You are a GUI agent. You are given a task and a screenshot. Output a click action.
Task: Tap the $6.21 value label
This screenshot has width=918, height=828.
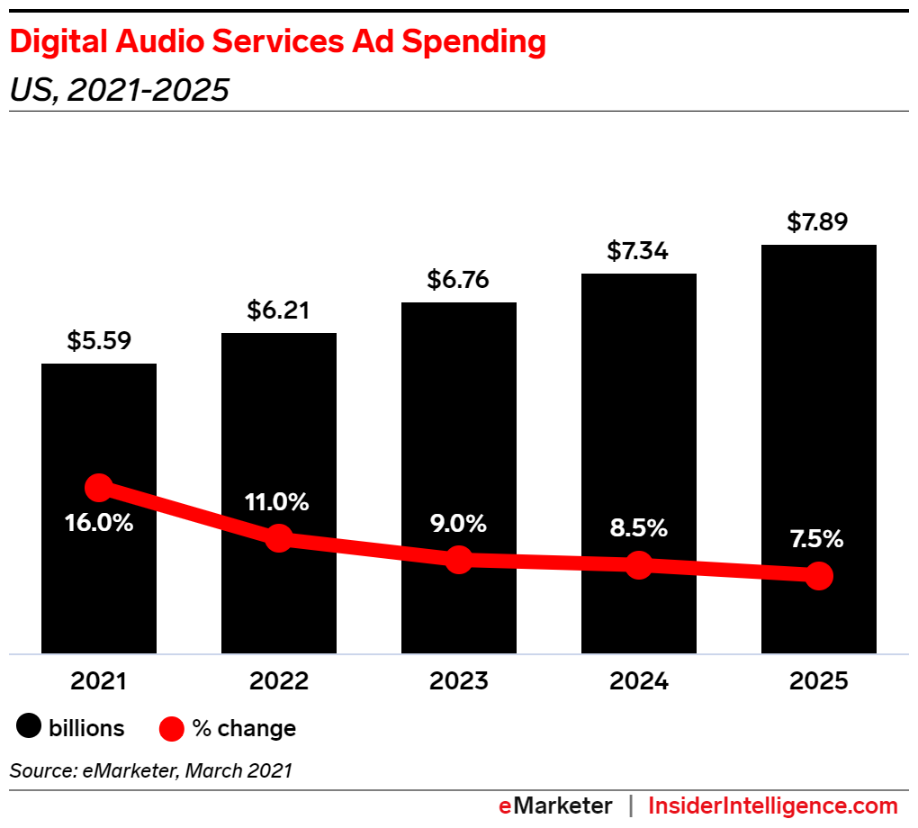point(279,310)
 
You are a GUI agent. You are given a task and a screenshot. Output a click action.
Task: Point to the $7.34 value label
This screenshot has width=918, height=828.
point(638,251)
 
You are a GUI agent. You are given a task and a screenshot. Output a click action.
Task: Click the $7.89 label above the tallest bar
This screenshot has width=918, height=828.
point(818,221)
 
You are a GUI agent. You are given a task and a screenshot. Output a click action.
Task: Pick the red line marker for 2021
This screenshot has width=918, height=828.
point(99,488)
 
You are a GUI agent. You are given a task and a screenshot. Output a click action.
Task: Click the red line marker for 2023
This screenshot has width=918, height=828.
point(459,559)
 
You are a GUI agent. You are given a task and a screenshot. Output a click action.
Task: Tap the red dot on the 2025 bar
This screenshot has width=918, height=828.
point(818,575)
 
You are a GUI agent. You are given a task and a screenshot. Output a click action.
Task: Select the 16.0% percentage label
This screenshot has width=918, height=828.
point(99,522)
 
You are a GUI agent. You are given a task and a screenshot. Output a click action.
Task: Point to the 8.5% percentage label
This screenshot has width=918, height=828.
point(638,527)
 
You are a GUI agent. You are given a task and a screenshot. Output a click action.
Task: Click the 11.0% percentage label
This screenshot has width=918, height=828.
point(279,502)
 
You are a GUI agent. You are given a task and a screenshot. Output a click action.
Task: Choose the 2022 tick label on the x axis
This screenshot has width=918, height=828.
point(279,680)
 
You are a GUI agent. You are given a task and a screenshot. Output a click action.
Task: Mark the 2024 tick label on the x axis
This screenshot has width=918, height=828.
point(638,680)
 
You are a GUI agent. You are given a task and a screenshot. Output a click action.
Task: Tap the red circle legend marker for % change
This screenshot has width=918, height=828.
point(172,728)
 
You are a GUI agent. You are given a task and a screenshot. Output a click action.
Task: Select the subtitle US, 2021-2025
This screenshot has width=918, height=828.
point(119,90)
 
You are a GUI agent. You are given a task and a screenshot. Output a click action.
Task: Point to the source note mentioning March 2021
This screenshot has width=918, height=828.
point(151,770)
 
